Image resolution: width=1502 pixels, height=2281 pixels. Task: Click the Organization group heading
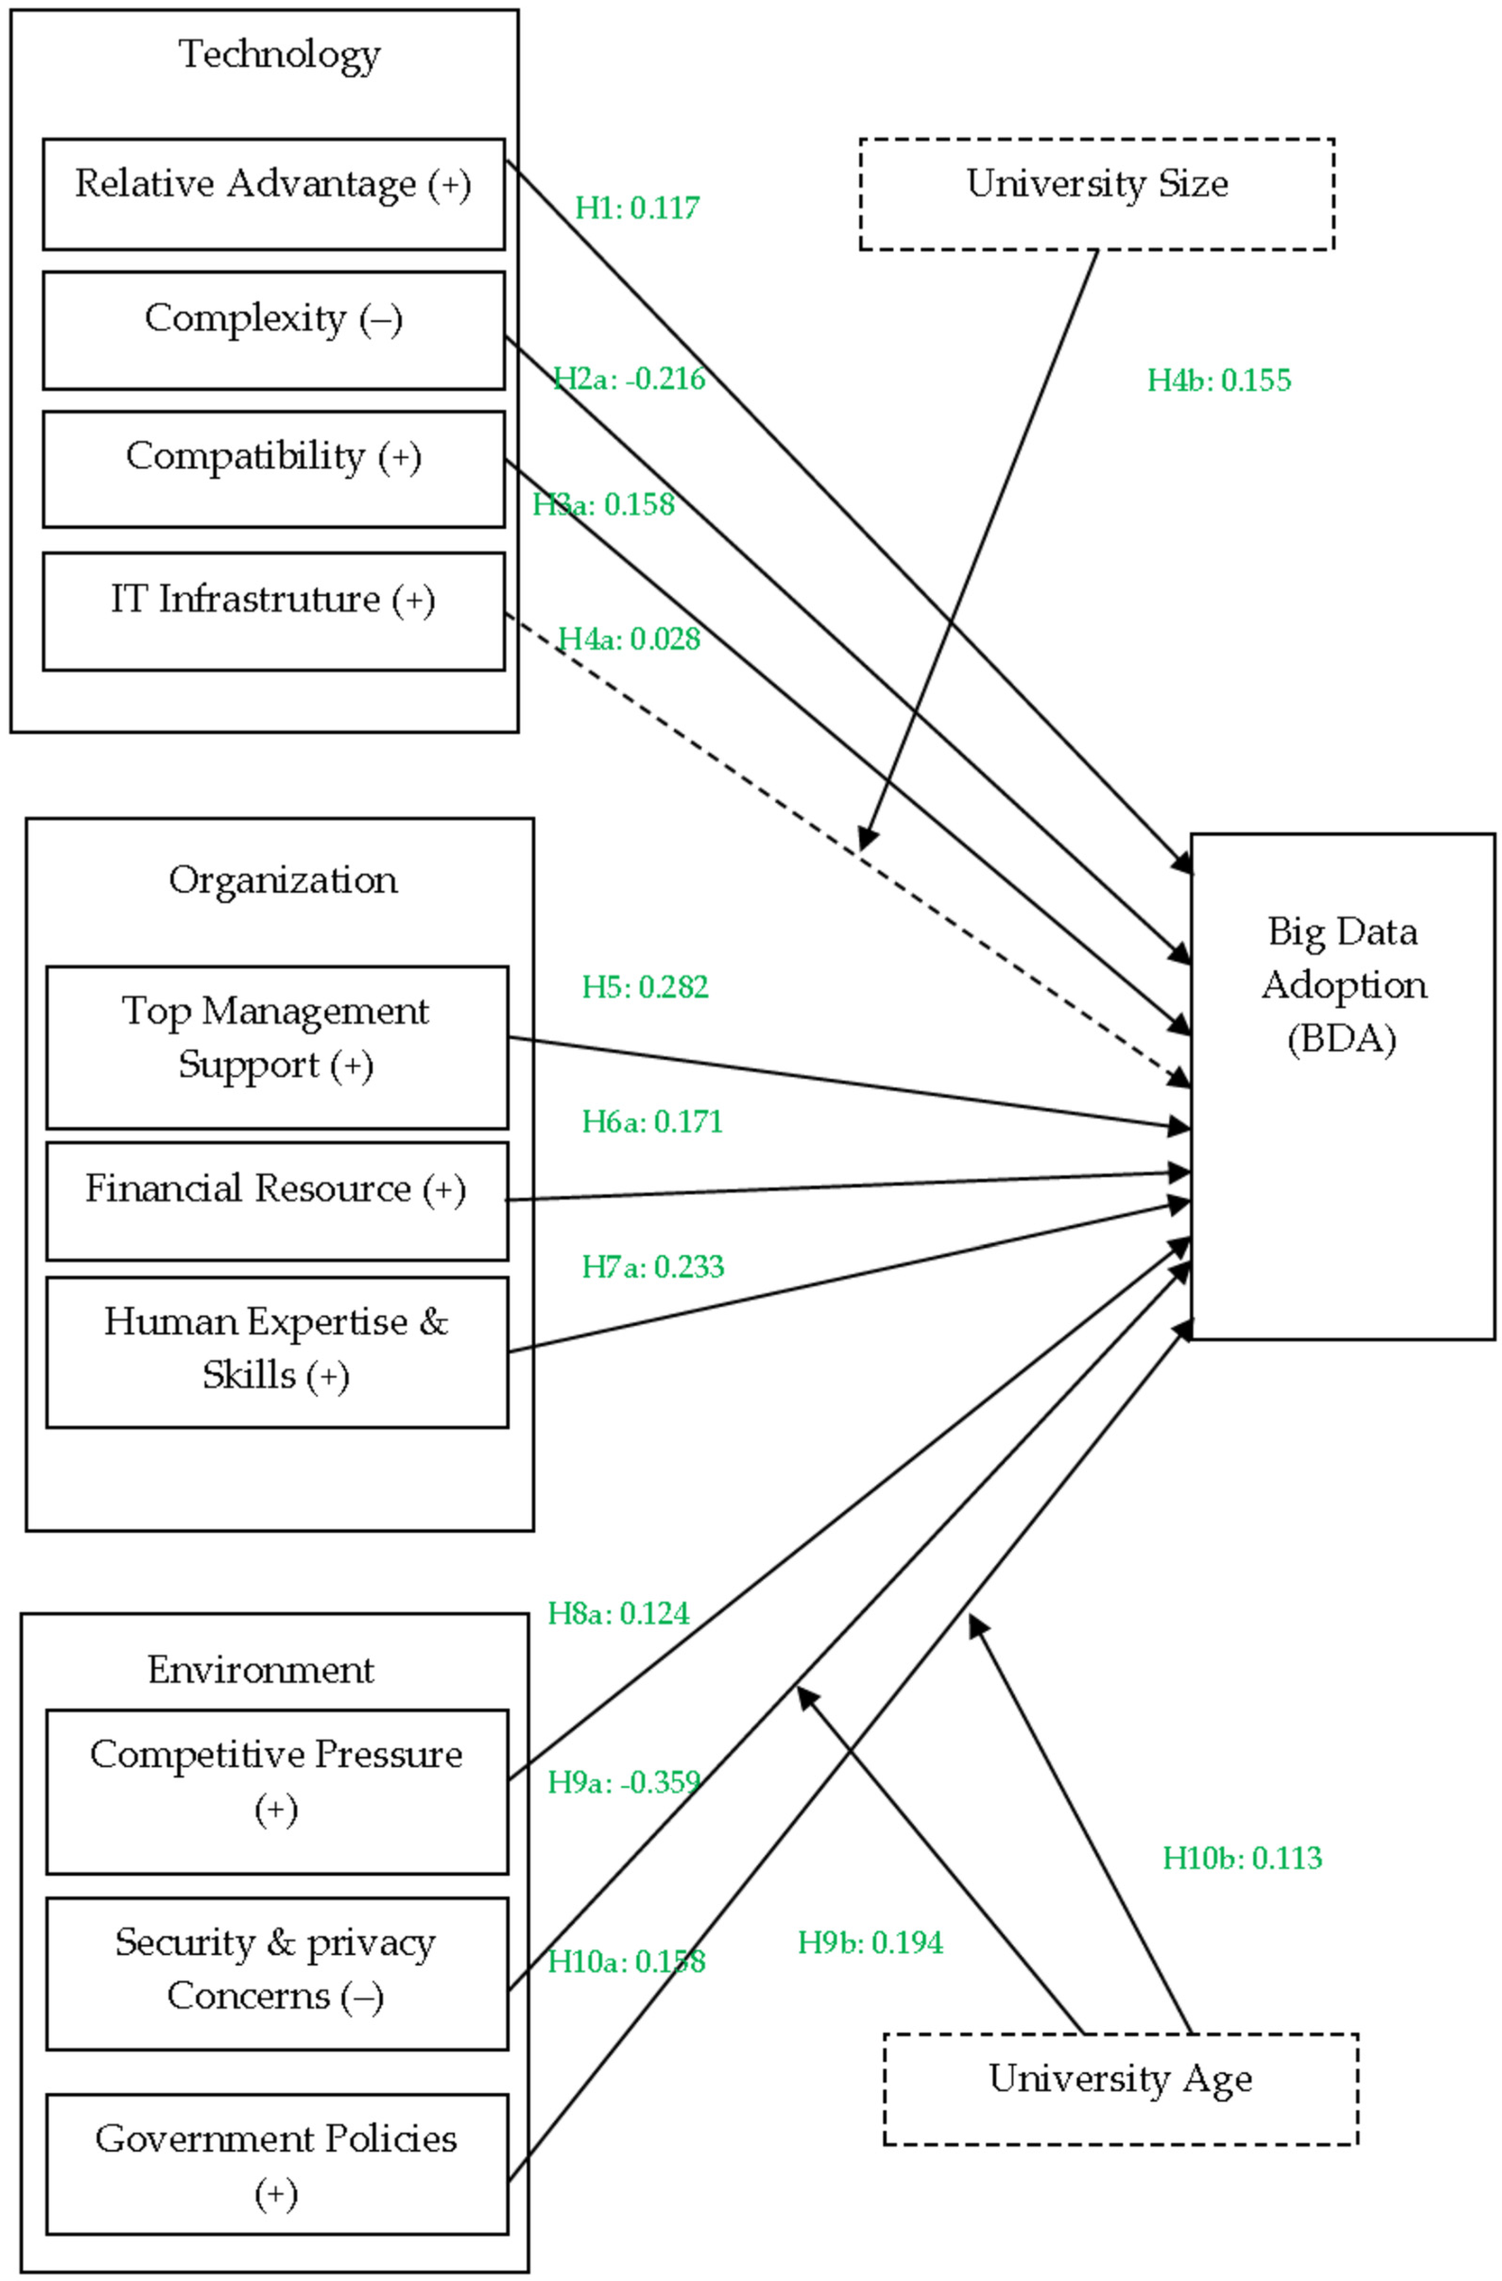pyautogui.click(x=283, y=880)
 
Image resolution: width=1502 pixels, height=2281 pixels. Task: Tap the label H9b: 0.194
pyautogui.click(x=870, y=1943)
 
